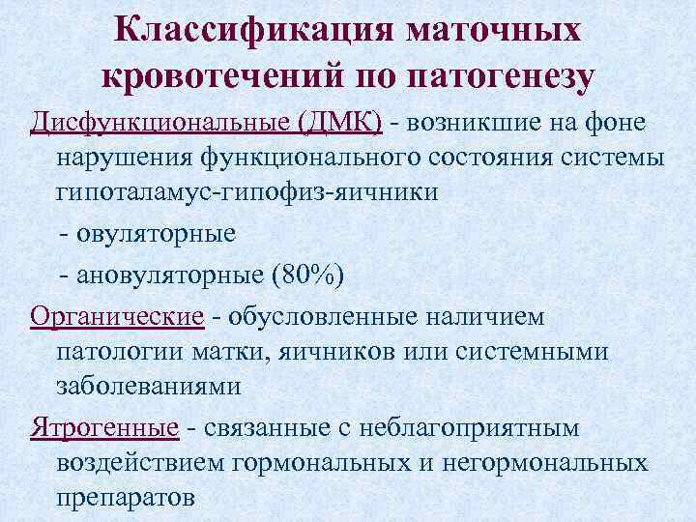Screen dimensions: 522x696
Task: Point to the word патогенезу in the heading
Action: click(x=502, y=77)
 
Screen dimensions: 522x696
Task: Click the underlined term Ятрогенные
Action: click(x=104, y=426)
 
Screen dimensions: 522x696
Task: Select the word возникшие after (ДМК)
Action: click(x=473, y=123)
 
